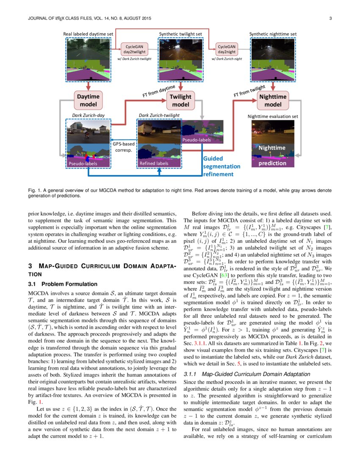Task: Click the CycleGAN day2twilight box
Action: coord(134,48)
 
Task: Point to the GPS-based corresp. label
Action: coord(123,147)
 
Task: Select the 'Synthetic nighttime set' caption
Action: coord(273,33)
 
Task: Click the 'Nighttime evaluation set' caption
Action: coord(273,116)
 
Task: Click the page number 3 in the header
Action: coord(330,18)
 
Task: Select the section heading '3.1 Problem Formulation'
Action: coord(63,284)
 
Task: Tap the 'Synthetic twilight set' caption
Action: coord(180,33)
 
